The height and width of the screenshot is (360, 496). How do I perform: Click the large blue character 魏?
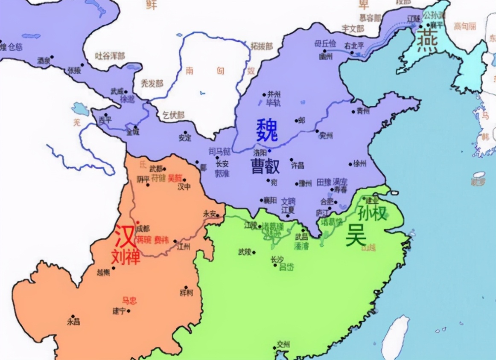[x=267, y=130]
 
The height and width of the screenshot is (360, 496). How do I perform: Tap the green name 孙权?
[x=371, y=212]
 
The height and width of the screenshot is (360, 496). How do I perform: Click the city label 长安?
[x=222, y=164]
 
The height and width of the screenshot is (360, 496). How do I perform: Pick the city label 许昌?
[x=298, y=164]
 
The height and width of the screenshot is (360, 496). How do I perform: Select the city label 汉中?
[x=184, y=187]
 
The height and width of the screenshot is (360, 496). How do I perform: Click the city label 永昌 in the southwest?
[x=73, y=322]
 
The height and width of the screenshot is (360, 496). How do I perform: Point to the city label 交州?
[x=283, y=344]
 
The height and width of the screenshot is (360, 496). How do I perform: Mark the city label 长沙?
[x=277, y=259]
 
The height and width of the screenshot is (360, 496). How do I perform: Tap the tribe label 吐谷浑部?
[x=110, y=55]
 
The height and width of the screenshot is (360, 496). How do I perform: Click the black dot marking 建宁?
[x=128, y=311]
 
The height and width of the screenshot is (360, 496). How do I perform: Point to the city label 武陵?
[x=245, y=252]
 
